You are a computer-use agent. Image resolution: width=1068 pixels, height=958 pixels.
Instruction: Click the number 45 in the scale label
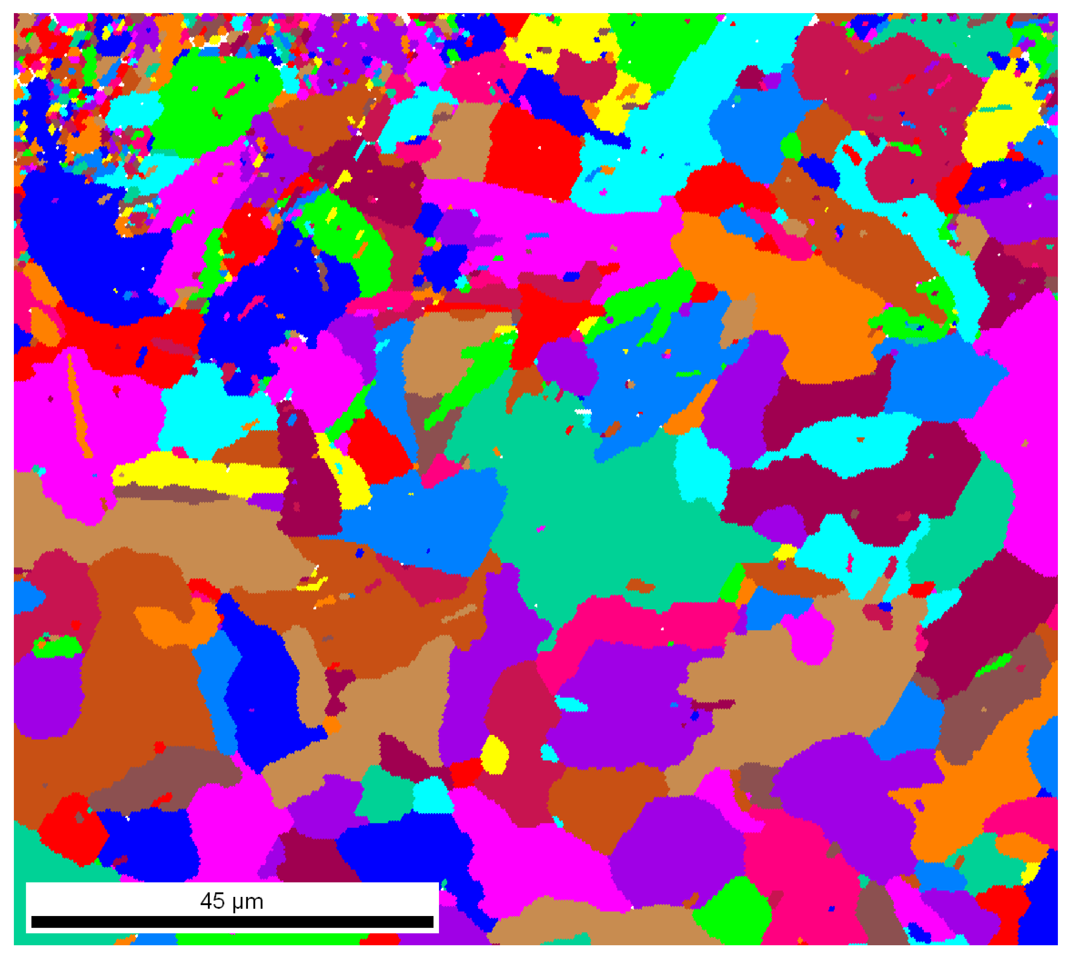point(212,901)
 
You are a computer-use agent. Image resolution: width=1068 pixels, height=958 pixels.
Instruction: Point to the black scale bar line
point(232,922)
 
